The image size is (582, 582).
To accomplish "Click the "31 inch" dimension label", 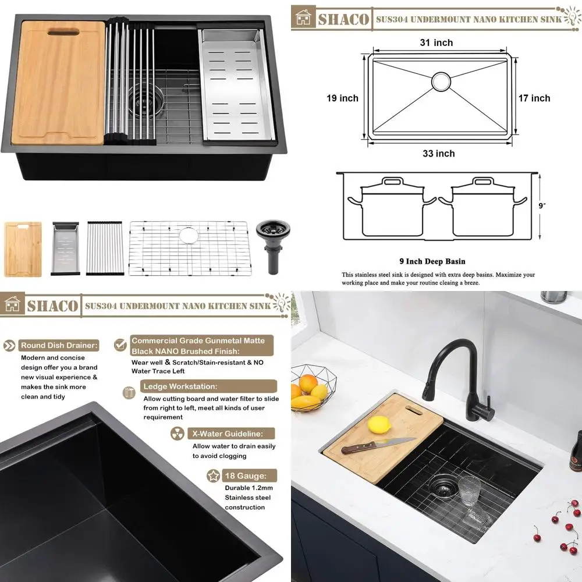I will pyautogui.click(x=436, y=42).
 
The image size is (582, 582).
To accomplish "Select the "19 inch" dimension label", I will pyautogui.click(x=342, y=98).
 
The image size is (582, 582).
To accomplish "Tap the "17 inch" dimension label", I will pyautogui.click(x=534, y=98).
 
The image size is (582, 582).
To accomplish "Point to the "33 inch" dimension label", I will pyautogui.click(x=438, y=154).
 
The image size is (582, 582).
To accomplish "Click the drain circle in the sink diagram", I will pyautogui.click(x=441, y=81).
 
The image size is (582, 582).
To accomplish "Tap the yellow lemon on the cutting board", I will pyautogui.click(x=378, y=424).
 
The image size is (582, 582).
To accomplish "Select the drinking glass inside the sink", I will pyautogui.click(x=469, y=492).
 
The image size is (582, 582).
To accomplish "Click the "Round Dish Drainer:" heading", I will pyautogui.click(x=59, y=345).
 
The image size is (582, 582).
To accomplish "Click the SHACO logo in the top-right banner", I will pyautogui.click(x=333, y=18).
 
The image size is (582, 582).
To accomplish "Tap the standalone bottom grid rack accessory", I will pyautogui.click(x=189, y=248).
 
